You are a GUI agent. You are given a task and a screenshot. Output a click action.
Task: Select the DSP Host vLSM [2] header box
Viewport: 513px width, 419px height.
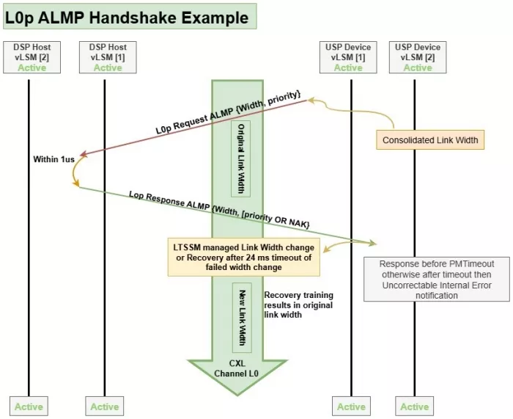pos(31,57)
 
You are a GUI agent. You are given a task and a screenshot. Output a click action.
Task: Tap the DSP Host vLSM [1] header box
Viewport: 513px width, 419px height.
pos(107,57)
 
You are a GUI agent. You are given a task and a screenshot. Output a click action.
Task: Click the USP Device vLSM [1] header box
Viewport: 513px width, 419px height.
pos(348,57)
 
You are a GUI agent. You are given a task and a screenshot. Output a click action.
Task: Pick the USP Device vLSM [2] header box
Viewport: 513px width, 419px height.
pos(418,57)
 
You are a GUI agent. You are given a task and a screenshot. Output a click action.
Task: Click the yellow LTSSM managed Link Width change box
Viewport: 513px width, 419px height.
pos(244,257)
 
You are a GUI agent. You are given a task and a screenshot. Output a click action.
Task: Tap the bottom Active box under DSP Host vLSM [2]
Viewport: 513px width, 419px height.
pos(29,407)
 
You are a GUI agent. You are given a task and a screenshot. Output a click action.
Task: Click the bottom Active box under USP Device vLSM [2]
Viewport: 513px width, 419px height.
pos(414,407)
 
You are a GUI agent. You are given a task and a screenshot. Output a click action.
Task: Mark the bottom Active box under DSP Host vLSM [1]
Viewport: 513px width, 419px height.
pos(105,407)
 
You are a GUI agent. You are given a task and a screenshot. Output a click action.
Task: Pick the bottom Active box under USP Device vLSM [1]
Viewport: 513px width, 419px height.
pos(351,407)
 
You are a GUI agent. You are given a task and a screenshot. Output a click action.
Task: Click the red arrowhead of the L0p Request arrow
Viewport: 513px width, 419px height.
pos(84,154)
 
